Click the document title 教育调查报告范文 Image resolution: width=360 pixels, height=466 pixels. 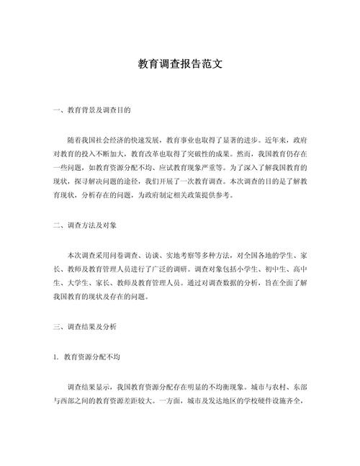click(180, 63)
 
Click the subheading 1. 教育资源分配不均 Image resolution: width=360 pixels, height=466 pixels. click(91, 357)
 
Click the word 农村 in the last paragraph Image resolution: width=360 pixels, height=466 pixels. click(276, 385)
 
